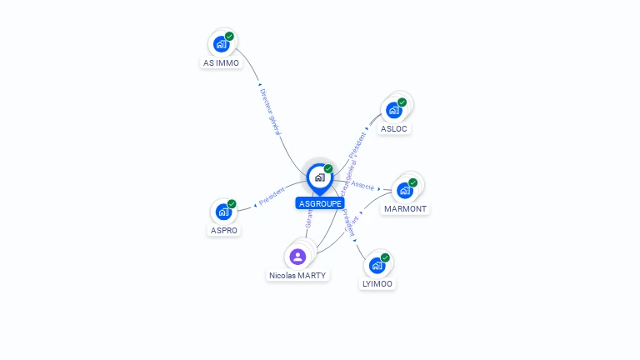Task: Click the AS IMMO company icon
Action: [x=221, y=43]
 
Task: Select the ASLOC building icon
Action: [x=394, y=109]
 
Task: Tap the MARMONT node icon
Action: [x=405, y=189]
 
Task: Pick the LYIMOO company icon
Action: [x=377, y=265]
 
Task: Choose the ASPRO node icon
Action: [x=223, y=212]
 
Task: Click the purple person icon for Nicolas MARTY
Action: [x=298, y=256]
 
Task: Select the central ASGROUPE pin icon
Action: [x=319, y=177]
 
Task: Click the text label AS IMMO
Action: [x=221, y=63]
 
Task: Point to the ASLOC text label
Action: [x=394, y=129]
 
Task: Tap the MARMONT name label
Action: [x=405, y=209]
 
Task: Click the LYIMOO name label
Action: [x=377, y=284]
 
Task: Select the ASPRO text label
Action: [x=223, y=231]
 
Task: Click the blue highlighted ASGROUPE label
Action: [x=319, y=203]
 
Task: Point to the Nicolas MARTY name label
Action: [x=298, y=275]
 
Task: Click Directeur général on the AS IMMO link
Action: [x=271, y=112]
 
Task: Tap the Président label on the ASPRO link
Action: [x=272, y=197]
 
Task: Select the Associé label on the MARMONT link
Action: [x=363, y=185]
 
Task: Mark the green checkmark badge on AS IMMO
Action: [x=230, y=36]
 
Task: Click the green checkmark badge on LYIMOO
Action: [x=385, y=257]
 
